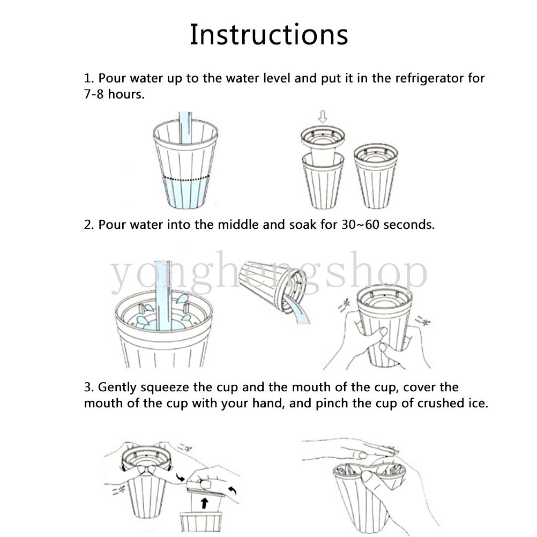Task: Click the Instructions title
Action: click(269, 34)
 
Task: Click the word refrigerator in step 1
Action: click(430, 78)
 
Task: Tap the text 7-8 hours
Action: click(114, 94)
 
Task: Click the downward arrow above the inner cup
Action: click(323, 117)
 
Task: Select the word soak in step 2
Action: click(303, 225)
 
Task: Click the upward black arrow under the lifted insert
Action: click(205, 503)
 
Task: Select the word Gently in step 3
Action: click(117, 387)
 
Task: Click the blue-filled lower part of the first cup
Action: click(185, 193)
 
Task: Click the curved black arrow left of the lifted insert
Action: click(180, 477)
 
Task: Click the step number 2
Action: click(89, 225)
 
